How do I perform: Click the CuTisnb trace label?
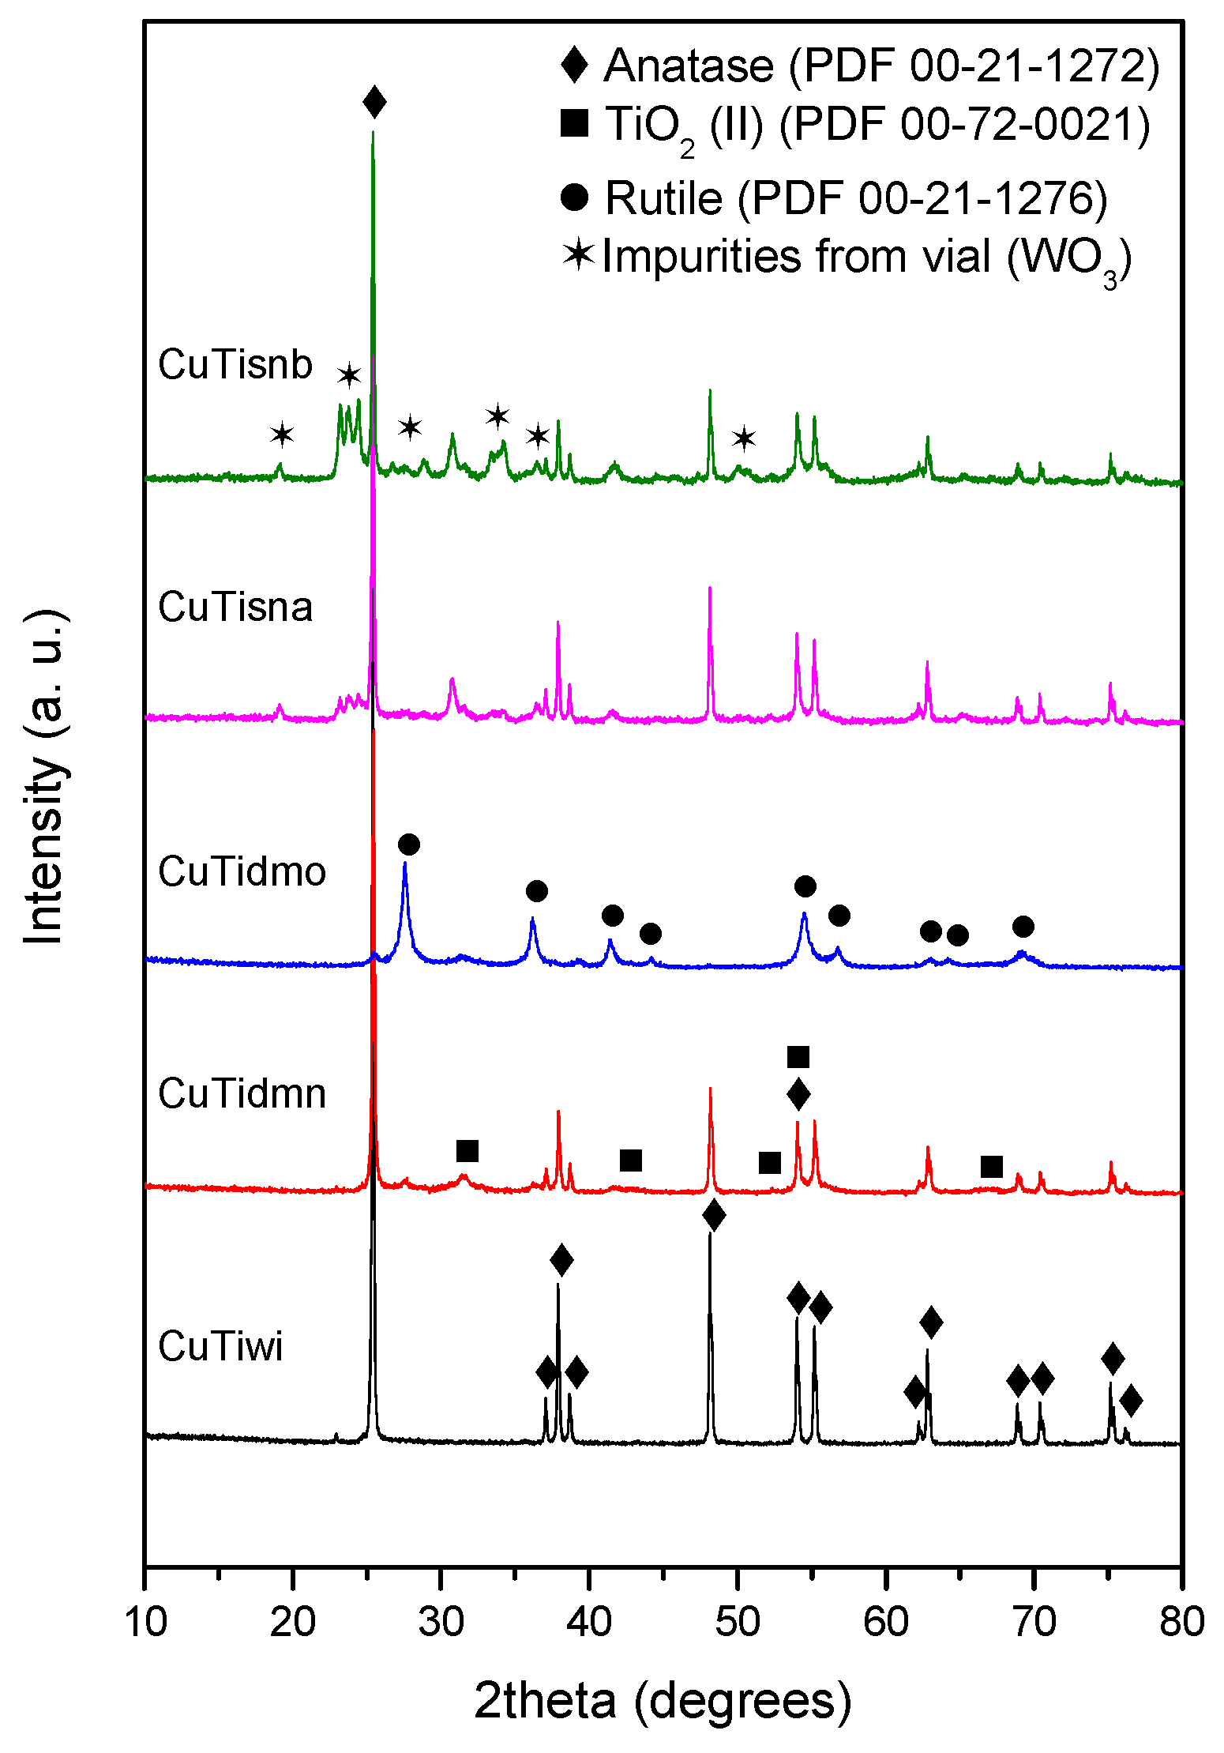point(235,365)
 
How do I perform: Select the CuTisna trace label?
point(235,608)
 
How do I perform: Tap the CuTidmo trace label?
point(242,872)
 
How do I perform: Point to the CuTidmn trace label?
point(242,1094)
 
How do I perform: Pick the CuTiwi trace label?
point(220,1346)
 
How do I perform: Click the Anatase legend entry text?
point(881,66)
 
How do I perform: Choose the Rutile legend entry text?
point(856,197)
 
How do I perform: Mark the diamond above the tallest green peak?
point(374,102)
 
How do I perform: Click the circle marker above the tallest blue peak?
point(408,845)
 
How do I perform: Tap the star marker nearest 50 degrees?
point(744,438)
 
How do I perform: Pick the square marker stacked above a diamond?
point(798,1057)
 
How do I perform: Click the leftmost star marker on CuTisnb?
point(282,434)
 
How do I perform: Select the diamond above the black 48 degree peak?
point(713,1215)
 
